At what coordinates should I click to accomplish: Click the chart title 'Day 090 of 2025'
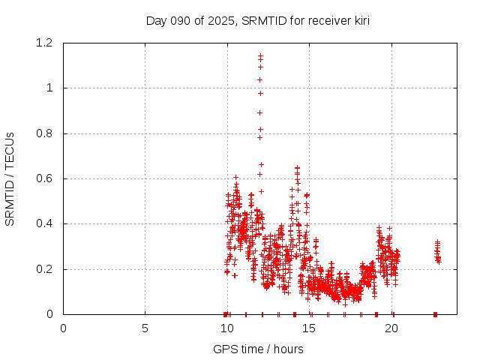[190, 21]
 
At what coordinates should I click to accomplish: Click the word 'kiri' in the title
[358, 21]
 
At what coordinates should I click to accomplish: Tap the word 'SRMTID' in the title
[262, 21]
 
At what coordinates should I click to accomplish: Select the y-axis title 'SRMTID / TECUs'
[10, 178]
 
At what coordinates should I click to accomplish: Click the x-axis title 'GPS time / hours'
[258, 349]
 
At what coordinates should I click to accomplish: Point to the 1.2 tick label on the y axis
[46, 43]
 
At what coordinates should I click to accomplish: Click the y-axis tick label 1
[50, 88]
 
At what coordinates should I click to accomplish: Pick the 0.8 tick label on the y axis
[46, 133]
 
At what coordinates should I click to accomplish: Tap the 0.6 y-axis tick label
[46, 178]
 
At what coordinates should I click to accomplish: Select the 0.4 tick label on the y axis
[46, 223]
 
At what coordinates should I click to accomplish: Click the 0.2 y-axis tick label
[46, 269]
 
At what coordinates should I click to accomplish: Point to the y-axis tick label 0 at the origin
[50, 314]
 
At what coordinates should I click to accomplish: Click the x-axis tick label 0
[63, 328]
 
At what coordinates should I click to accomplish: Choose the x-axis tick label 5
[145, 328]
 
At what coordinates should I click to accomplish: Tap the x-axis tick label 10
[226, 328]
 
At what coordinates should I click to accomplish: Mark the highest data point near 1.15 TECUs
[260, 55]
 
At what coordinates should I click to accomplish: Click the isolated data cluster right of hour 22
[437, 251]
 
